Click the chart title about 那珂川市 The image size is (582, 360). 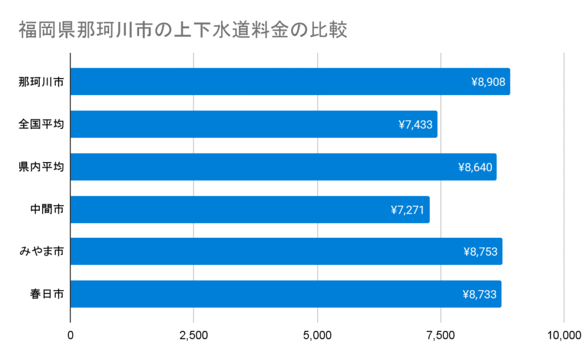[x=182, y=30]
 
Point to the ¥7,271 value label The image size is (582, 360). [x=408, y=210]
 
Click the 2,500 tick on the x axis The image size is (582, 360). [x=194, y=335]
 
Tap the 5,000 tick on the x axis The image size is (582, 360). [x=317, y=335]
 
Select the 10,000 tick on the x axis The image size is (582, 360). [x=563, y=335]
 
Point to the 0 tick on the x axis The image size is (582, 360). [x=70, y=335]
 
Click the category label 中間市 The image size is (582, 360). [x=47, y=209]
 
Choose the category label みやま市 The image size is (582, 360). [x=41, y=251]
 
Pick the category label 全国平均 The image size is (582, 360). [x=41, y=124]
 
